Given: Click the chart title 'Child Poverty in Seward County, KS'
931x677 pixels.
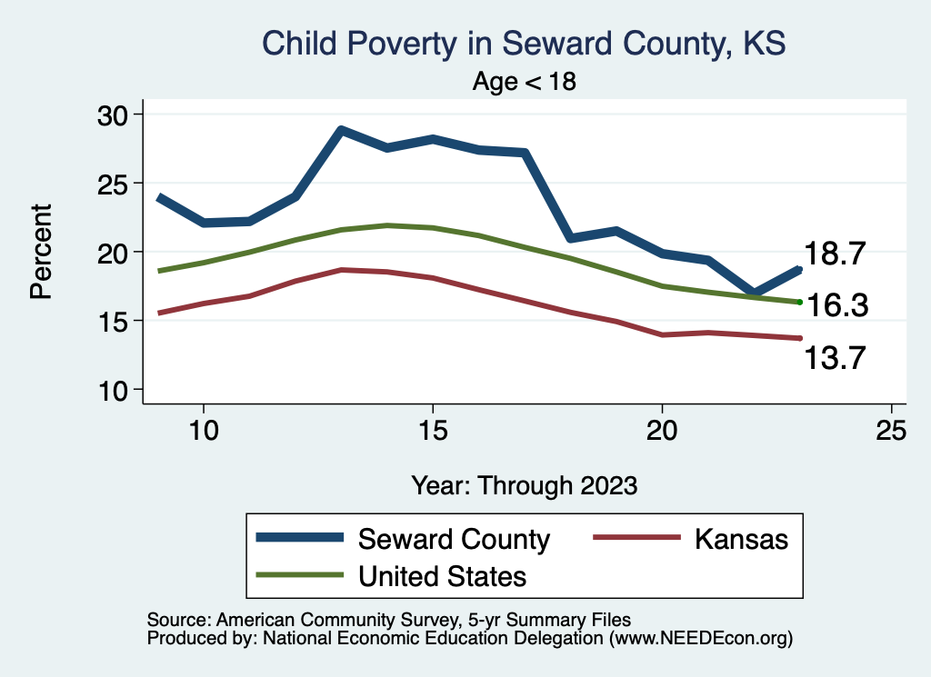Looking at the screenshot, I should point(523,44).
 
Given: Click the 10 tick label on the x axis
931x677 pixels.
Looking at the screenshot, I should point(204,431).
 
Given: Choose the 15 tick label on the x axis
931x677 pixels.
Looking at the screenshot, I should point(433,431).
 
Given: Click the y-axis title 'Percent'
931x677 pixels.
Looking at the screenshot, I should point(41,252).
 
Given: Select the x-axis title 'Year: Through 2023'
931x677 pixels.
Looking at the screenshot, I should point(524,484).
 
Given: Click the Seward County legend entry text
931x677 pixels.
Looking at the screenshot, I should point(455,539).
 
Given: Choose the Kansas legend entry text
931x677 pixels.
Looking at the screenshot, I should point(741,539).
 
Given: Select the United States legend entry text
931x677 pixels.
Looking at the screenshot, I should point(443,575).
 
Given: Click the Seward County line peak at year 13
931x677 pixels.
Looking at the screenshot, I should point(341,130).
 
